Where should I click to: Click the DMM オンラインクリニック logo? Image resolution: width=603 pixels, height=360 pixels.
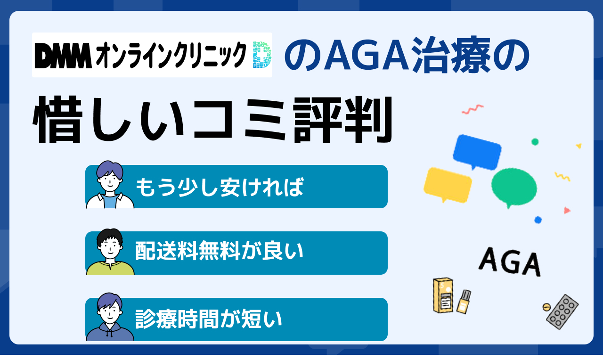pos(152,55)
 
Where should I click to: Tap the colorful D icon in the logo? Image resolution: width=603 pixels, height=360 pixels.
pos(262,55)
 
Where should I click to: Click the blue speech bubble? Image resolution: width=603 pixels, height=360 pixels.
pos(477,152)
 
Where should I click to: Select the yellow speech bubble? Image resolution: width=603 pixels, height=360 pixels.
pos(448,185)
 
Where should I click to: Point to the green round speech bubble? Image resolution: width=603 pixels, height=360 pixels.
pos(514,188)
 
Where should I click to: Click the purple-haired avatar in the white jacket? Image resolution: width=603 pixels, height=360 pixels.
pos(110,185)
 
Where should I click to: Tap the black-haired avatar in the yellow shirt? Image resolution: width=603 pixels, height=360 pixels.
pos(110,252)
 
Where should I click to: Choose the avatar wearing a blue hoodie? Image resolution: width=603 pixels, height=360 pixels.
pos(110,317)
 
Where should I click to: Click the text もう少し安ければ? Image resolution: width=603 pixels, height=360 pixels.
pos(220,187)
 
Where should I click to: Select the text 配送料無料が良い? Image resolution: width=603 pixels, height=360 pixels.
pos(220,251)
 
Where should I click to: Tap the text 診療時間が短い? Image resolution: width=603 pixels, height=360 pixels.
pos(209,319)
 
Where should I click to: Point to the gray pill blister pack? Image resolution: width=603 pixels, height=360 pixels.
pos(562,311)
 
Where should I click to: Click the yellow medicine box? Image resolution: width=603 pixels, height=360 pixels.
pos(443,295)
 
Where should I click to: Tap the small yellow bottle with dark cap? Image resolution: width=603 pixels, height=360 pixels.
pos(464,302)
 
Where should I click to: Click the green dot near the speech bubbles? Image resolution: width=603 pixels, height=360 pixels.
pos(535,142)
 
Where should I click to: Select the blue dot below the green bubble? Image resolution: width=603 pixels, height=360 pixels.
pos(538,220)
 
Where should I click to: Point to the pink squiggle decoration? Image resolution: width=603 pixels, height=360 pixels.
pos(473,109)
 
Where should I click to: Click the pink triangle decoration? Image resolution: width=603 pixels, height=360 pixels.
pos(567,210)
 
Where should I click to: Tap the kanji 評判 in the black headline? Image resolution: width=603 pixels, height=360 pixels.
pos(342,120)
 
